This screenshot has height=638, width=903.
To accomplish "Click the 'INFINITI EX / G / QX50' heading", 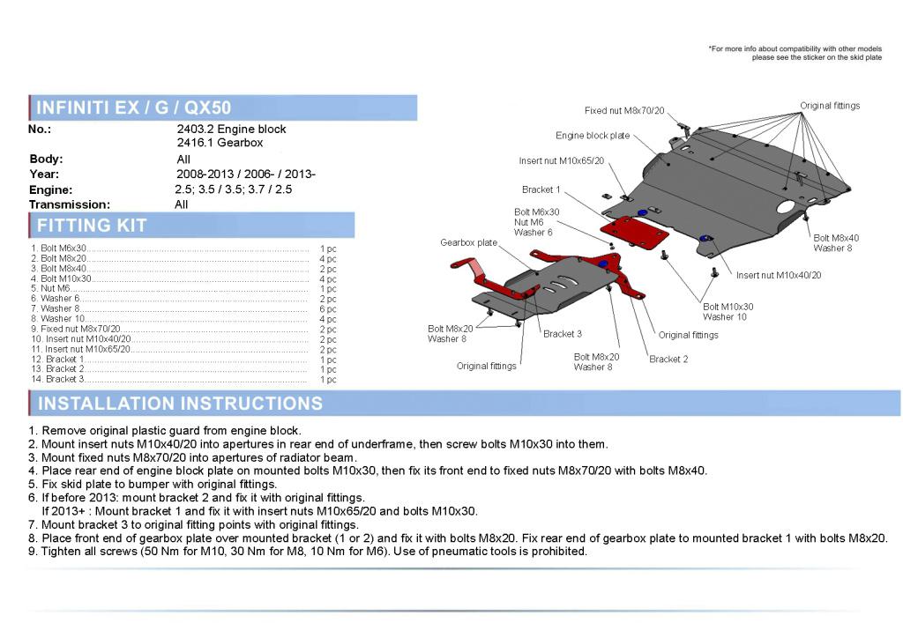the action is pyautogui.click(x=134, y=108).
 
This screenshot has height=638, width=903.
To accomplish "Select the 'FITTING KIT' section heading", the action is pyautogui.click(x=92, y=226).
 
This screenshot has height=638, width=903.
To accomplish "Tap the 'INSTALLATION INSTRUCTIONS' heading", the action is pyautogui.click(x=180, y=404).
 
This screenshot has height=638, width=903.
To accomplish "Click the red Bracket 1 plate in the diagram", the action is pyautogui.click(x=634, y=233).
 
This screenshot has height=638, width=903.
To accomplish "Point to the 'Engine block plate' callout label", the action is pyautogui.click(x=593, y=136).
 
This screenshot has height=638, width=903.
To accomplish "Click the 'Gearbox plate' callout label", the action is pyautogui.click(x=469, y=242).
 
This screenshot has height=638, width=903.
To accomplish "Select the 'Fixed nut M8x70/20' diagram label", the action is pyautogui.click(x=624, y=110).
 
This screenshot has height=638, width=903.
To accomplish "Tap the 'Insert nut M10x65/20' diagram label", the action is pyautogui.click(x=562, y=161).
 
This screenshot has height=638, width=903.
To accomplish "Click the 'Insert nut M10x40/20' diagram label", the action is pyautogui.click(x=779, y=276).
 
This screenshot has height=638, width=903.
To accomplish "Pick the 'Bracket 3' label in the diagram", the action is pyautogui.click(x=563, y=334).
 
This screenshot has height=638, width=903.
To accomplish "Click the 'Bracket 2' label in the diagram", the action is pyautogui.click(x=668, y=359).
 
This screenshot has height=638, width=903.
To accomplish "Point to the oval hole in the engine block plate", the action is pyautogui.click(x=787, y=206).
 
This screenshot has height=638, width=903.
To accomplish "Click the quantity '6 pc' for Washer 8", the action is pyautogui.click(x=328, y=309).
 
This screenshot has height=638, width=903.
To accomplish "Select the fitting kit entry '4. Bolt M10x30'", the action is pyautogui.click(x=61, y=278).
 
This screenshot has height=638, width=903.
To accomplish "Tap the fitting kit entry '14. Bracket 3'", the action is pyautogui.click(x=57, y=379).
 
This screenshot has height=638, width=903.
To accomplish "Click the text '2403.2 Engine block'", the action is pyautogui.click(x=232, y=129).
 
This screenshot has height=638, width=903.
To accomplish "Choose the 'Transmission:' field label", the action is pyautogui.click(x=70, y=204).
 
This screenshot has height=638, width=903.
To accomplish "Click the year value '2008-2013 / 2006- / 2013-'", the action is pyautogui.click(x=246, y=174).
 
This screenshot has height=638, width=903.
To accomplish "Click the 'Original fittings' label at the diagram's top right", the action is pyautogui.click(x=830, y=106).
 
